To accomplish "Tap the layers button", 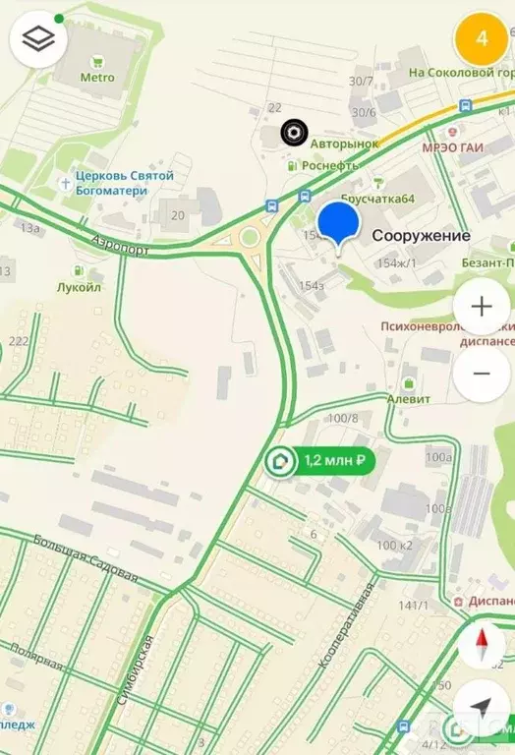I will [38, 39].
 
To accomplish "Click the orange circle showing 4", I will [481, 38].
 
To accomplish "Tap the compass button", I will [482, 646].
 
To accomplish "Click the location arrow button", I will [482, 707].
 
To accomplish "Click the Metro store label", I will [96, 78].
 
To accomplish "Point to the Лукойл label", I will [80, 287].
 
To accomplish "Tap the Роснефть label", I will [329, 166].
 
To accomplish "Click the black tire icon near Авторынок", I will [292, 132].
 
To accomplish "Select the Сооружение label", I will [421, 236].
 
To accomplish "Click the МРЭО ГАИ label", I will [452, 147].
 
